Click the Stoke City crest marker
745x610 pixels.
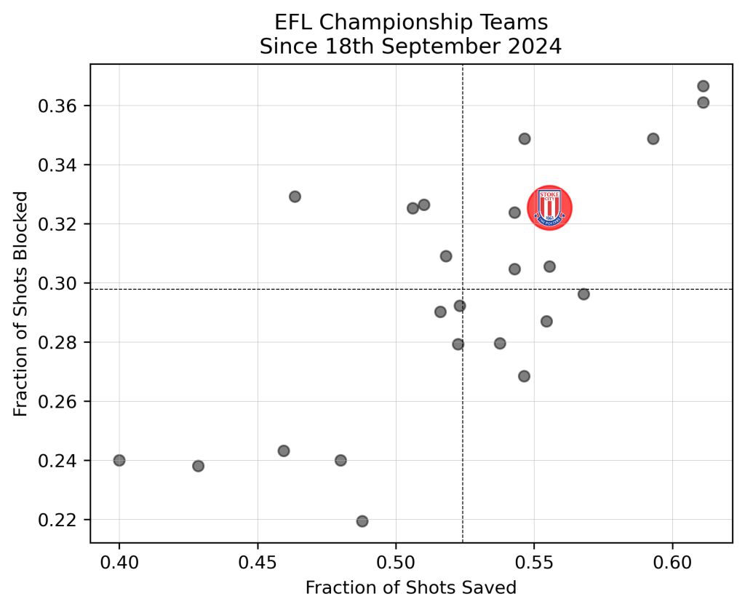[549, 207]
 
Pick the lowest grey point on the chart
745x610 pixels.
[362, 521]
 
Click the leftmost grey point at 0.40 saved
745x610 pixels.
[119, 460]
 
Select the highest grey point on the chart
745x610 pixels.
[703, 86]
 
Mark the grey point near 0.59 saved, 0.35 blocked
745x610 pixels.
[653, 138]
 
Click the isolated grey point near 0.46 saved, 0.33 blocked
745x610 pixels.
[295, 197]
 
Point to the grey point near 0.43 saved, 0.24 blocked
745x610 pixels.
[198, 466]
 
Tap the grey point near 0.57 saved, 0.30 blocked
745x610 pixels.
[583, 294]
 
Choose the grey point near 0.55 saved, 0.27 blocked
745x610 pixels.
[524, 376]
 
